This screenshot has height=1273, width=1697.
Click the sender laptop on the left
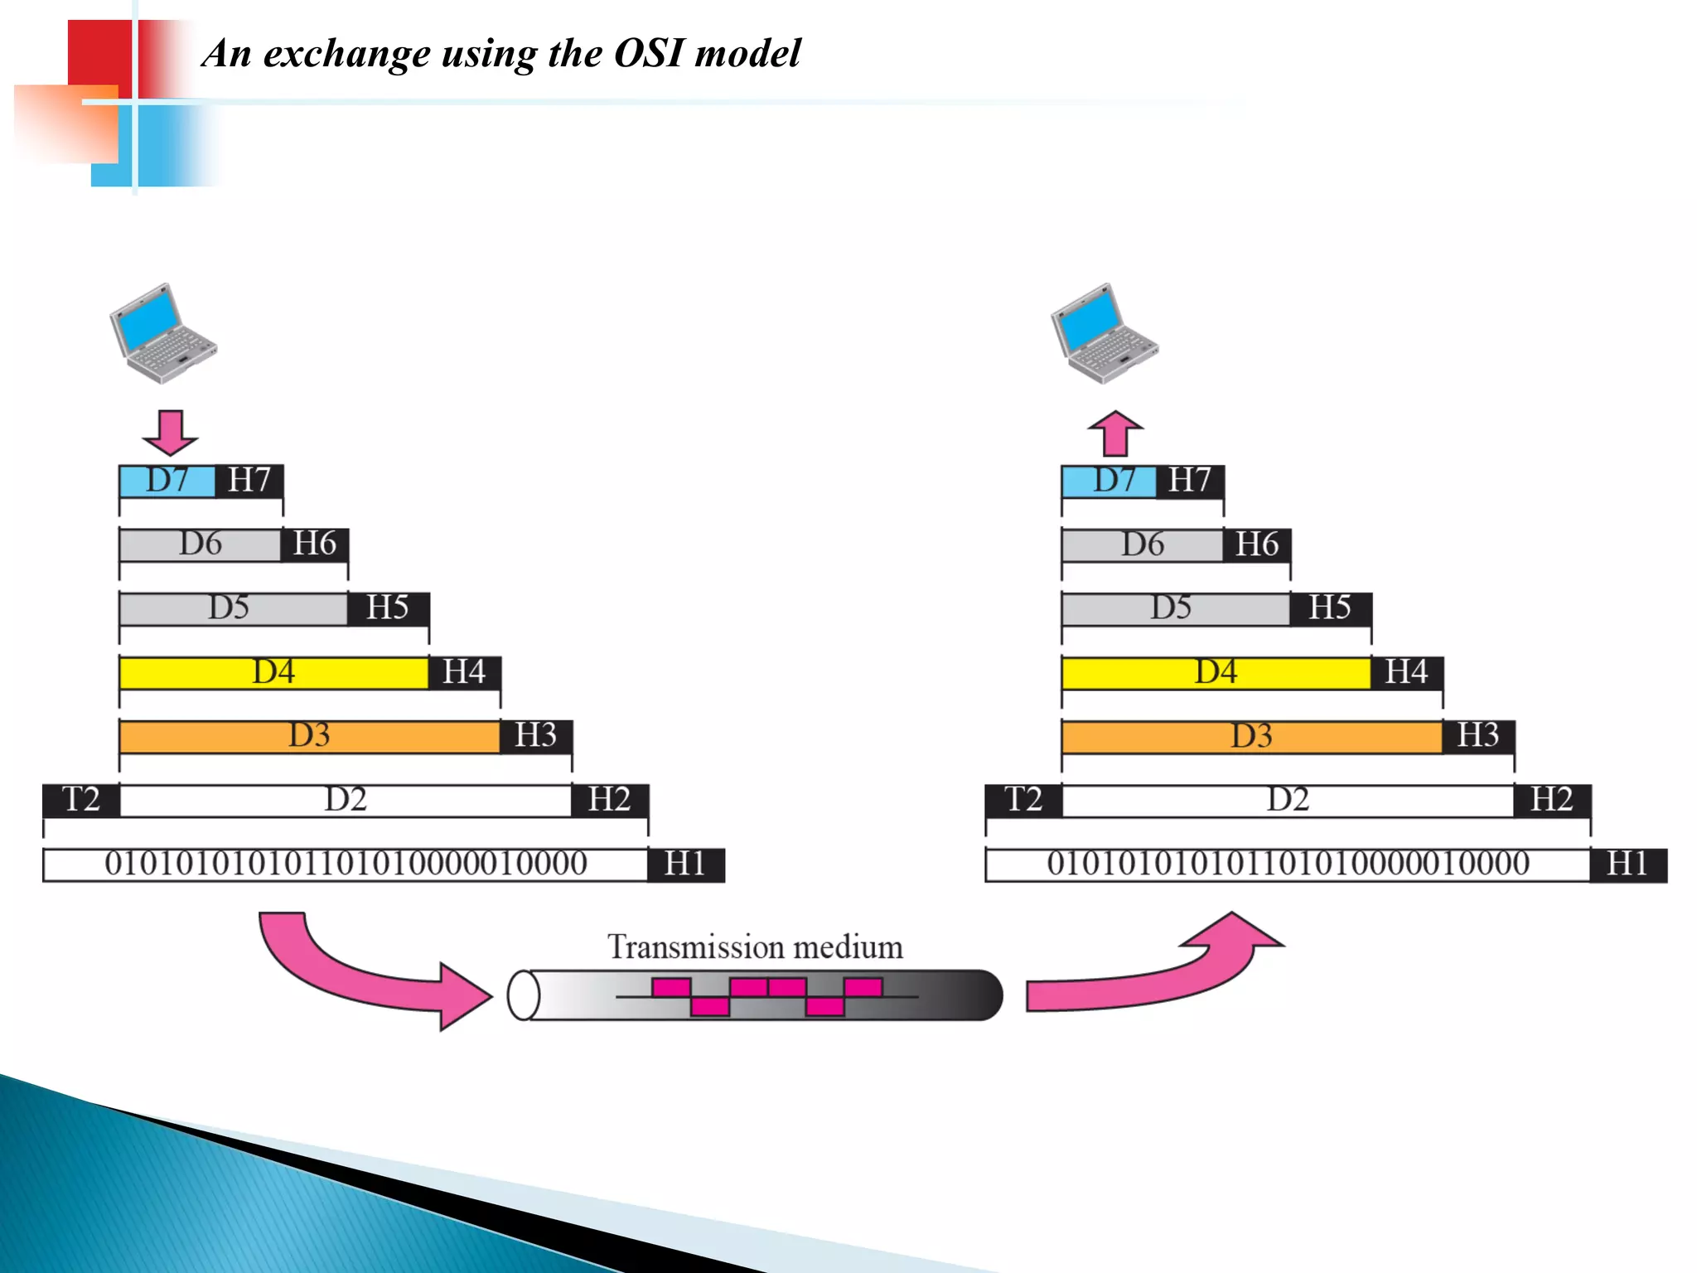pos(162,333)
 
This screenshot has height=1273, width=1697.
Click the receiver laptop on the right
pos(1104,333)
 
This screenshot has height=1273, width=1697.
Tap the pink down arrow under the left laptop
pos(171,432)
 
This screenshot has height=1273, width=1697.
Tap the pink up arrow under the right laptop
pos(1115,433)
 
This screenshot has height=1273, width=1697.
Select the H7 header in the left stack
pos(249,481)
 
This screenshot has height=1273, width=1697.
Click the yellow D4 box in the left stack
pos(273,672)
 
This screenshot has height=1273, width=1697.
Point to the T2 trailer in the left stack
pos(81,800)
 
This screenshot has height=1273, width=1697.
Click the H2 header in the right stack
pos(1552,800)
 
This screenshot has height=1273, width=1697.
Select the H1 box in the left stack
pos(685,864)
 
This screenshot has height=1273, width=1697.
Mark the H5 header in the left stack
pos(388,608)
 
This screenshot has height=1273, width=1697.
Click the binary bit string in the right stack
pos(1288,864)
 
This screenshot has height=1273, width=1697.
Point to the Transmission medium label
pos(755,947)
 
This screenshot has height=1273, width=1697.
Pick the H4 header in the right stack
pos(1406,672)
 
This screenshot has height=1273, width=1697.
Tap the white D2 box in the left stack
pos(346,800)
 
